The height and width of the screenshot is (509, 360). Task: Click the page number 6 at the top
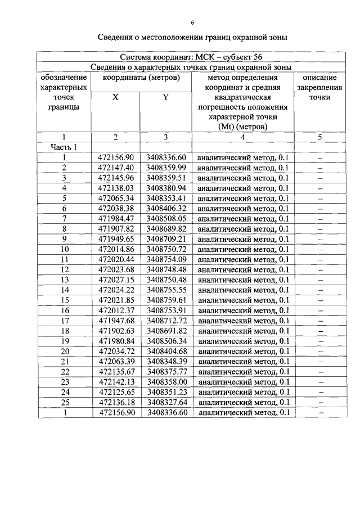192,23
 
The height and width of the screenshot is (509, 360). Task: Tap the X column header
115,97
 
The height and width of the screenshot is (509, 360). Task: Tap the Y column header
166,97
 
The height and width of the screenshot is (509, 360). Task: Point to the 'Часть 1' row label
64,147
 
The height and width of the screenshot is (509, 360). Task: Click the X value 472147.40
116,168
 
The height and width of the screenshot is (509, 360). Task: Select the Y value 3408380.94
166,188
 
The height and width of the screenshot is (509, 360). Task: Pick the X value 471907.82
116,229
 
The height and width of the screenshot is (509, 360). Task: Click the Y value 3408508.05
166,219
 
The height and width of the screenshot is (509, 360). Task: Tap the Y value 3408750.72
166,249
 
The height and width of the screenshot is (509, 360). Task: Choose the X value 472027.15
116,280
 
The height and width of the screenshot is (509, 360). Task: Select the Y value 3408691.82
166,331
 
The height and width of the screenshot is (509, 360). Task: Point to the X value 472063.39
116,361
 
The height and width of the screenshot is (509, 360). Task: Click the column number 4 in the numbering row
242,137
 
